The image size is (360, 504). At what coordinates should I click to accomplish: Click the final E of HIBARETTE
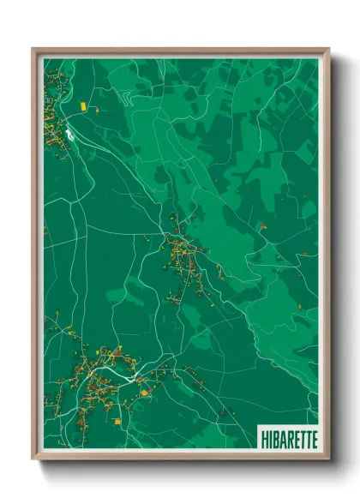[x=313, y=438]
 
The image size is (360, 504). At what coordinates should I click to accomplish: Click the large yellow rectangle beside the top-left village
[x=83, y=105]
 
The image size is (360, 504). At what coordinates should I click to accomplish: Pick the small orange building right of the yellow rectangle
[x=96, y=110]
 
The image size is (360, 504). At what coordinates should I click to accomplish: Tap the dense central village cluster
[x=182, y=254]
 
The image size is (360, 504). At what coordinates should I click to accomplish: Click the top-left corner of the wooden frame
[x=33, y=50]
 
